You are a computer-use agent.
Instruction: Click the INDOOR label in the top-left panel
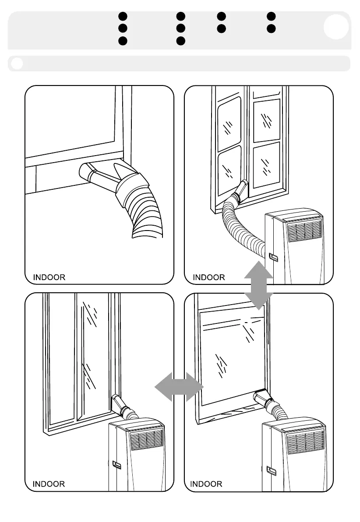pyautogui.click(x=49, y=277)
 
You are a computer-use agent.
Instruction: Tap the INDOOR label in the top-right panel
pyautogui.click(x=209, y=277)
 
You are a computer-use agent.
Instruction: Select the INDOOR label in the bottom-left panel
pyautogui.click(x=49, y=484)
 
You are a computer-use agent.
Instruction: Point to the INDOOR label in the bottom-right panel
pyautogui.click(x=206, y=484)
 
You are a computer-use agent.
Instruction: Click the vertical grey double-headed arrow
pyautogui.click(x=258, y=285)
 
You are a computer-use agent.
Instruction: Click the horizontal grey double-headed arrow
pyautogui.click(x=180, y=387)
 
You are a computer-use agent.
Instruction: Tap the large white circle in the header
pyautogui.click(x=336, y=27)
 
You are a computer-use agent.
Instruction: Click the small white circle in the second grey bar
pyautogui.click(x=17, y=64)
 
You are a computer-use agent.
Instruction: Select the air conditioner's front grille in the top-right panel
pyautogui.click(x=304, y=231)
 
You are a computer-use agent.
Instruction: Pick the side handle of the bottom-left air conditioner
pyautogui.click(x=117, y=465)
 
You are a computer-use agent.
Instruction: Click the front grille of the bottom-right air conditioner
pyautogui.click(x=306, y=441)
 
